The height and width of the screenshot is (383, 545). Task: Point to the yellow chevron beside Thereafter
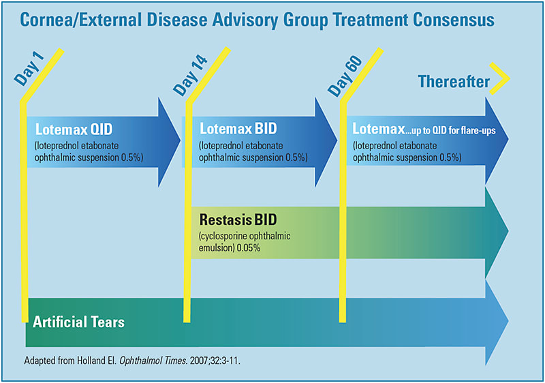pos(502,80)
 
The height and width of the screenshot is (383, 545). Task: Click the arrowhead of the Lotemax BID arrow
pos(326,141)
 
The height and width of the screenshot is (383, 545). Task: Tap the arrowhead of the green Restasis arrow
pos(497,232)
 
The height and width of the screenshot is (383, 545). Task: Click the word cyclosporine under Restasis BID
pos(229,236)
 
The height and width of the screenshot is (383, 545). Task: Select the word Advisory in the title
pos(234,20)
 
